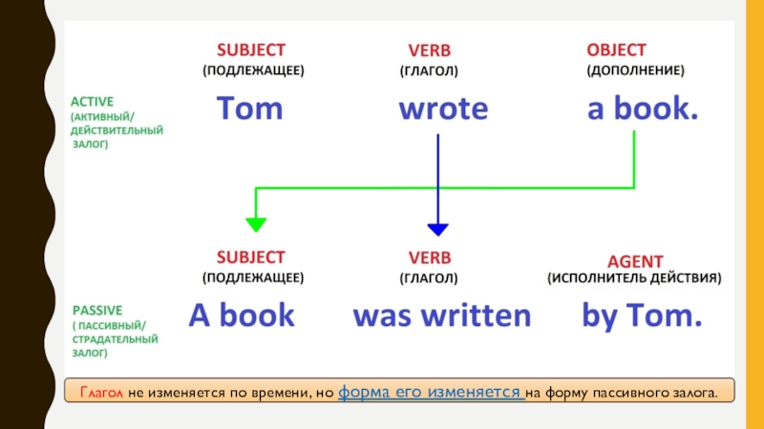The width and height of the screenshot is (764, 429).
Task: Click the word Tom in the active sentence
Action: tap(249, 109)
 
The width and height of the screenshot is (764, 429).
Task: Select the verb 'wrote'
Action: tap(442, 109)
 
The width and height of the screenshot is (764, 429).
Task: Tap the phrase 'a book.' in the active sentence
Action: tap(643, 109)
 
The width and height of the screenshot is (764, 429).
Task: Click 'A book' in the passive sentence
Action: tap(242, 316)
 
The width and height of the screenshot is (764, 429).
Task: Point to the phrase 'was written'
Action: tap(441, 316)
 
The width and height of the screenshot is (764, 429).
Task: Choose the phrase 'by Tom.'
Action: tap(642, 316)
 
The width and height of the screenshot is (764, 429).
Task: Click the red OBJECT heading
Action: tap(616, 49)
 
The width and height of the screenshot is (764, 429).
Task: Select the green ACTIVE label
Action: tap(93, 100)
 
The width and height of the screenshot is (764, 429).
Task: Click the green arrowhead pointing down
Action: tap(255, 225)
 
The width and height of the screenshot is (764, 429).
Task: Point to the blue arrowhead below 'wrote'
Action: tap(437, 228)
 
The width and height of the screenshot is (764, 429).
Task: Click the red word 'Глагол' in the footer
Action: tap(100, 392)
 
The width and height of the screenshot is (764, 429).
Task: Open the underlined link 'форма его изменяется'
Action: tap(430, 392)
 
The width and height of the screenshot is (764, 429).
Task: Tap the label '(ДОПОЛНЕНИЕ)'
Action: tap(635, 71)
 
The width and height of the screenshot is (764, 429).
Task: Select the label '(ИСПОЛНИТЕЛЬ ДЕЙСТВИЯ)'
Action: tap(634, 279)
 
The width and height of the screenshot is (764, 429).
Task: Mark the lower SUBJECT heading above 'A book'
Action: tap(250, 256)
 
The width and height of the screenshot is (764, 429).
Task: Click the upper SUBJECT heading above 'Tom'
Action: tap(250, 49)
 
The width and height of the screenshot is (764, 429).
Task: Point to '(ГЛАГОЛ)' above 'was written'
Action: tap(429, 279)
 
